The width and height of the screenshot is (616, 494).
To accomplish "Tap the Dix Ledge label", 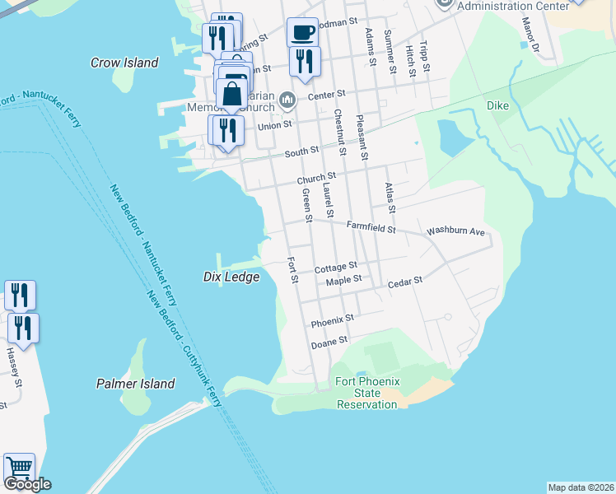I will click(231, 277).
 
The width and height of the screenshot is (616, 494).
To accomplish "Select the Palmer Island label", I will click(135, 384).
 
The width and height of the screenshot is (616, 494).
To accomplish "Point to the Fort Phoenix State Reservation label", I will click(367, 393).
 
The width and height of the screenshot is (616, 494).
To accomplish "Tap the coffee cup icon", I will click(302, 32).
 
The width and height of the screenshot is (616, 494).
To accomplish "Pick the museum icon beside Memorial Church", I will click(287, 100).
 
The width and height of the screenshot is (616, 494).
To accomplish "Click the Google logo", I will click(27, 484).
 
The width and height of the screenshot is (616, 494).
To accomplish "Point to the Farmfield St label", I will click(371, 226).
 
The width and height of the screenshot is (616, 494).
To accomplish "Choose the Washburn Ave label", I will click(455, 232).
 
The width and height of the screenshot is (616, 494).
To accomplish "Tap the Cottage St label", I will click(335, 267).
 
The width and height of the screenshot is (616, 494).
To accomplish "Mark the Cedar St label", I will click(405, 281).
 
